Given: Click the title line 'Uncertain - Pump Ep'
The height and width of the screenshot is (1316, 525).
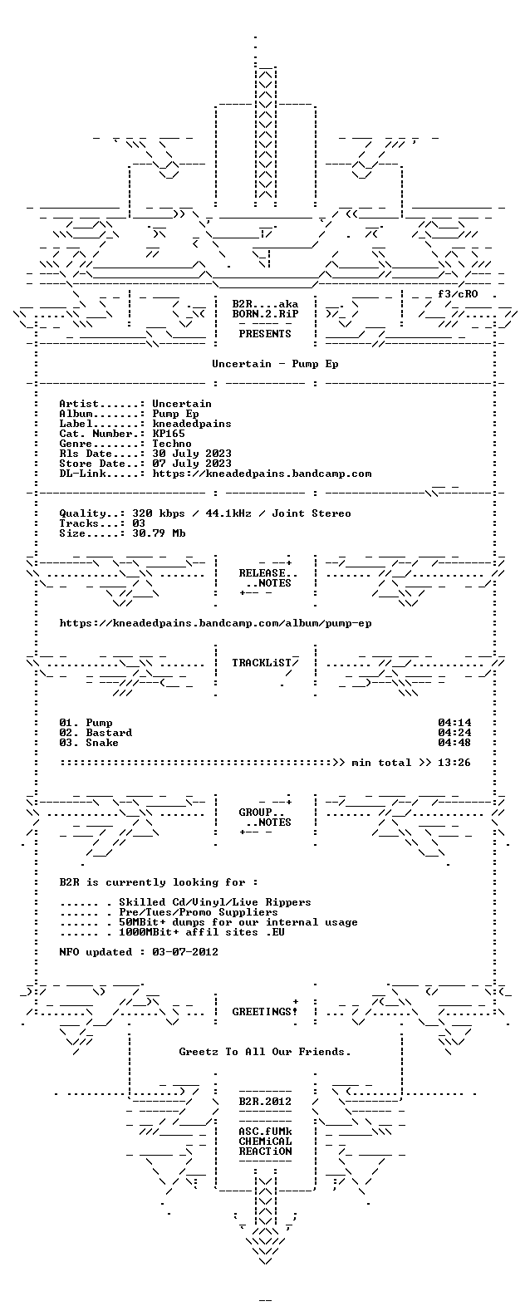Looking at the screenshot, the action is pos(276,364).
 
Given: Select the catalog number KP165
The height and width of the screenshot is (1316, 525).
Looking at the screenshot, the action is pos(169,434).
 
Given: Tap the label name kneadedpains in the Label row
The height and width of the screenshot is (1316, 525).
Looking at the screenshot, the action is pos(192,424).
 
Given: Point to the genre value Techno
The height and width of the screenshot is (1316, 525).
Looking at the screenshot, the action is pos(172,444).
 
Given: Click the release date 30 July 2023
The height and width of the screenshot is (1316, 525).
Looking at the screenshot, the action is pos(192,454).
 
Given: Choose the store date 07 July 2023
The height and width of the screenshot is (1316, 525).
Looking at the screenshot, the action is pos(192,464).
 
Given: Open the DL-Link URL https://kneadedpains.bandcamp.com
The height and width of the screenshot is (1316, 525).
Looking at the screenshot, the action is pos(262,474).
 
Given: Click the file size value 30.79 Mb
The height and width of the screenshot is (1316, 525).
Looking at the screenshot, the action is pos(159,533).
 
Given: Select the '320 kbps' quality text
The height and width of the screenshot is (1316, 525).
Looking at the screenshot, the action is pos(159,513).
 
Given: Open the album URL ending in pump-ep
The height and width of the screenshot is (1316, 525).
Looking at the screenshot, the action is pos(215,623).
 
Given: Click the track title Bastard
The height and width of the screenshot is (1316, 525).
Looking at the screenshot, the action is pos(109,733).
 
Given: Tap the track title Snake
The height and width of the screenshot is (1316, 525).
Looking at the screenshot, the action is pos(102,743).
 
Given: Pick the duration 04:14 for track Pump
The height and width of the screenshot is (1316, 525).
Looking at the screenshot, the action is pos(454,723).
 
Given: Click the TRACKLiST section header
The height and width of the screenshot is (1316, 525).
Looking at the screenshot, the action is pos(262,663).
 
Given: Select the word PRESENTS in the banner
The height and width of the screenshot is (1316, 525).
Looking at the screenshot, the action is pos(266,334).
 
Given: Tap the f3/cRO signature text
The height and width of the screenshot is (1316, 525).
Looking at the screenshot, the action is pos(458,294).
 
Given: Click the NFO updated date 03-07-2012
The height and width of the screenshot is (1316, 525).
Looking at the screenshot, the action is pos(185,952).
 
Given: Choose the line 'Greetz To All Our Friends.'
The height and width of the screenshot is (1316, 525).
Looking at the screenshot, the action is pos(266,1052).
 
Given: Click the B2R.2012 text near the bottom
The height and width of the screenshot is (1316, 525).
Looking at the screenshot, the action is pos(266,1102).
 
